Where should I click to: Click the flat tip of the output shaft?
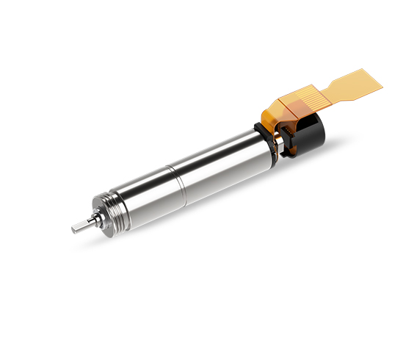coord(76,228)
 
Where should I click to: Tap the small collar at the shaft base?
coord(94,218)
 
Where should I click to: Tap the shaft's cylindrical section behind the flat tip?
coord(84,223)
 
